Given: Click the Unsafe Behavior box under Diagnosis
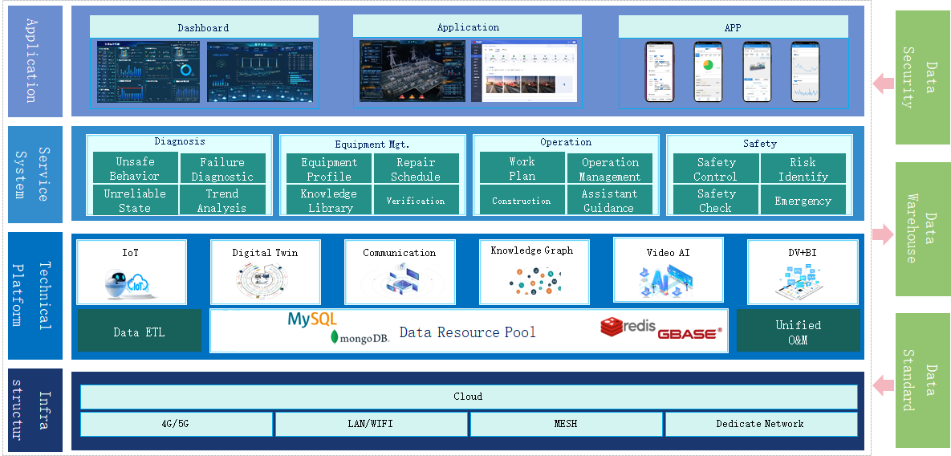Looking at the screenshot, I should click(135, 169).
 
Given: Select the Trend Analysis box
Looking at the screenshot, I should click(222, 200).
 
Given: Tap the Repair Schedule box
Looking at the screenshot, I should click(416, 169).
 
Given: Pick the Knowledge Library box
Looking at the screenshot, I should click(329, 200).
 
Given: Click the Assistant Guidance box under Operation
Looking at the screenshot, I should click(609, 200).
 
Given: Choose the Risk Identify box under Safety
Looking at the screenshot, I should click(803, 169).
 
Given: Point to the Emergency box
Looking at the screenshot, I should click(803, 200).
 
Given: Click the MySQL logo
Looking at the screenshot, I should click(312, 320).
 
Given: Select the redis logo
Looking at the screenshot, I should click(628, 328).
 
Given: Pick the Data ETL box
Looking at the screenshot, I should click(140, 332).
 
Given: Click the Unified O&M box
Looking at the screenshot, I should click(798, 332).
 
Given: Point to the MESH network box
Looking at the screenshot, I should click(566, 424).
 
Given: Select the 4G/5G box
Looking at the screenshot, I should click(177, 424).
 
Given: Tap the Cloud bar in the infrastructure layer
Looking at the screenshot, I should click(469, 397).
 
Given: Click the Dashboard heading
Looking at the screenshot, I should click(204, 27).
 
